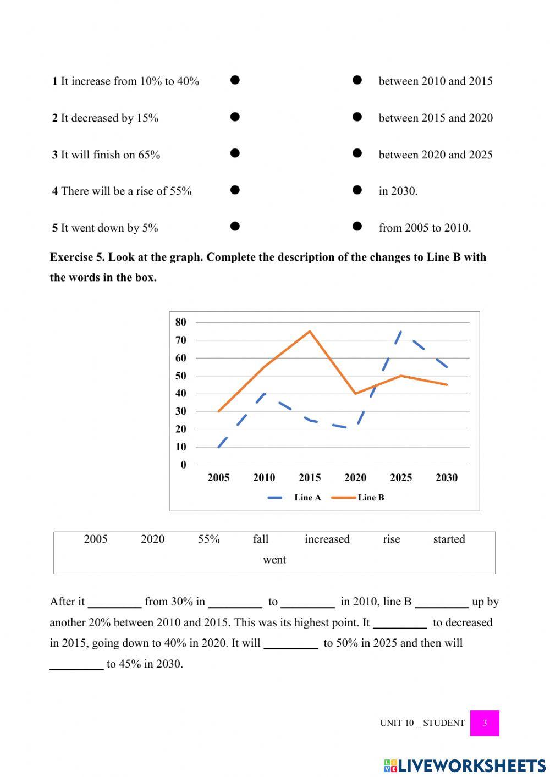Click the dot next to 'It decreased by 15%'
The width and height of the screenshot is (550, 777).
point(235,117)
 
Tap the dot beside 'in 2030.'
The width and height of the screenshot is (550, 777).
point(357,190)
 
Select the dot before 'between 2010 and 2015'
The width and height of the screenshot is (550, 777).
point(357,80)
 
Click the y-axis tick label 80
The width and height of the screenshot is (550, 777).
point(181,322)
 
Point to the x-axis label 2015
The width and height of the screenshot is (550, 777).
point(310,478)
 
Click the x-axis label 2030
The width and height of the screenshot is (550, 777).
point(446,478)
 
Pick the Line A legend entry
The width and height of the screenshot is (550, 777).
point(295,498)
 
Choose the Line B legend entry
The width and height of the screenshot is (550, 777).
point(359,498)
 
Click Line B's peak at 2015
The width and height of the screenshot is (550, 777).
point(310,331)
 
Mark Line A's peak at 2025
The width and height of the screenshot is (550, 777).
point(401,332)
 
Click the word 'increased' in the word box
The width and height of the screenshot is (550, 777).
point(327,539)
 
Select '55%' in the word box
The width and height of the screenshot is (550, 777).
point(208,539)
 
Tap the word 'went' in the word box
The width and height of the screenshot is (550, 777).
point(274,560)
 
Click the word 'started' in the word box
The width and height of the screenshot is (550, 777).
point(449,539)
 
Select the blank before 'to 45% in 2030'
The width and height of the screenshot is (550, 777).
point(76,665)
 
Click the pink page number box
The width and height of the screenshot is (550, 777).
point(485,723)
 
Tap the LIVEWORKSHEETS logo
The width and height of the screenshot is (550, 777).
point(465,765)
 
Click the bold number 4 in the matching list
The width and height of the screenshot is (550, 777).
point(55,191)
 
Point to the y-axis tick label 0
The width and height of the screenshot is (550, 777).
point(184,465)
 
